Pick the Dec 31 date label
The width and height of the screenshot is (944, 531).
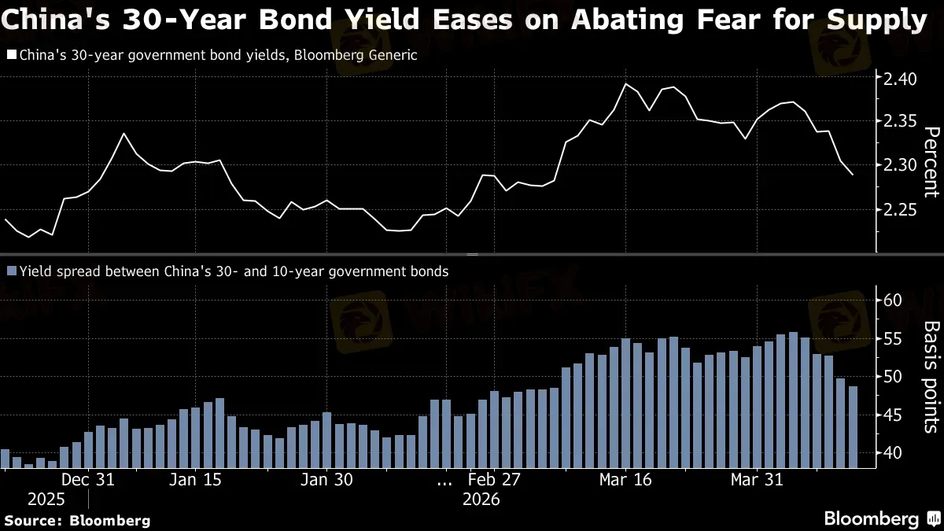(x=88, y=480)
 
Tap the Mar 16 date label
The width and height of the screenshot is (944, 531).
(x=625, y=480)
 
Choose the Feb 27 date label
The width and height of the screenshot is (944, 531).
(x=493, y=480)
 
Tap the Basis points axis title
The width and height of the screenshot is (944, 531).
(x=930, y=376)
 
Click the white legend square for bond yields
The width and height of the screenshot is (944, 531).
(x=10, y=55)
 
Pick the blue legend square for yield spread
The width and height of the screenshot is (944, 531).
(x=10, y=271)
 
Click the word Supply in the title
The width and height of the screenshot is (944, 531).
(x=879, y=19)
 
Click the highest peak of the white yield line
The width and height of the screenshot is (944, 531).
(x=626, y=83)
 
